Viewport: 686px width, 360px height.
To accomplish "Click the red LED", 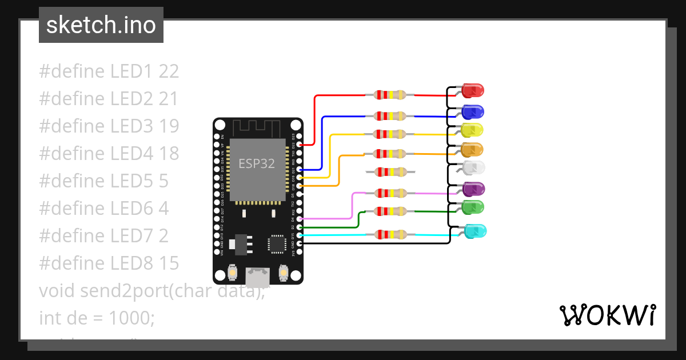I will (x=473, y=90).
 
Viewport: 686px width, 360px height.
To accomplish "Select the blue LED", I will (x=473, y=111).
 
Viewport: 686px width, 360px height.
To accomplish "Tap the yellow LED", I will (x=472, y=130).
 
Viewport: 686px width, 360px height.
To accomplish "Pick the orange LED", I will (x=472, y=150).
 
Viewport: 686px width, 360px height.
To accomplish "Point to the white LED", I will (x=473, y=168).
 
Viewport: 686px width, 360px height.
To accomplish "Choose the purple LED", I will (x=473, y=188).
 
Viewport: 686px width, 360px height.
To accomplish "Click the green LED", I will (x=473, y=206).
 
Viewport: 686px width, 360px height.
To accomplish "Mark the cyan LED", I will (x=475, y=231).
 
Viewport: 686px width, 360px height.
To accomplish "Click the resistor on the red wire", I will (x=389, y=95).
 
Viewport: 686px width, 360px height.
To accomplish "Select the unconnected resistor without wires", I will (x=389, y=171).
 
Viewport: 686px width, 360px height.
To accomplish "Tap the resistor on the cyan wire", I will (x=389, y=234).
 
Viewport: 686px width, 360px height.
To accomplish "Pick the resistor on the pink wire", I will (x=389, y=193).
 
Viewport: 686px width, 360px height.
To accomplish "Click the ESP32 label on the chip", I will (x=257, y=164).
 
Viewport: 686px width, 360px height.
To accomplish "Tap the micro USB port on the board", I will (x=258, y=277).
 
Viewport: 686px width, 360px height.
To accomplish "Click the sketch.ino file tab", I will (x=101, y=25).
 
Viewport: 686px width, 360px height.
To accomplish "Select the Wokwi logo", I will (x=607, y=315).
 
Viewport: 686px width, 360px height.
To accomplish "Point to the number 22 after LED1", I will (x=169, y=71).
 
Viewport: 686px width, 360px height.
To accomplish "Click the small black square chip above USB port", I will (x=277, y=243).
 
